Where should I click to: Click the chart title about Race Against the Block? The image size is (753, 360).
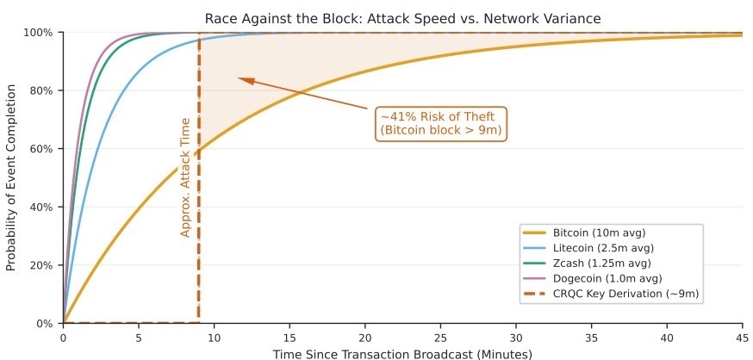tap(402, 17)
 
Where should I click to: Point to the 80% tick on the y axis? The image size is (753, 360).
tap(42, 90)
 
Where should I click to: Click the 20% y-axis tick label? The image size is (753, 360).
tap(42, 265)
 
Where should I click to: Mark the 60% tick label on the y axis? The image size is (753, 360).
tap(42, 149)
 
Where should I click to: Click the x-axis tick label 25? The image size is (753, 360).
tap(440, 338)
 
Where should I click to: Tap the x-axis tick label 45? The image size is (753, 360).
tap(743, 338)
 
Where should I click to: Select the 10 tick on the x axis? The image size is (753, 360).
tap(214, 338)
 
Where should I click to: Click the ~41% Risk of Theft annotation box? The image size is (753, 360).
tap(440, 123)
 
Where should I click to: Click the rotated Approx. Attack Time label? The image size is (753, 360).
tap(184, 177)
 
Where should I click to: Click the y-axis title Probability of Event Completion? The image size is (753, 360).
tap(11, 177)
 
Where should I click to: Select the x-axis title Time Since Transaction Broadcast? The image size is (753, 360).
tap(402, 353)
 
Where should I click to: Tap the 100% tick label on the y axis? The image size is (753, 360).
tap(40, 33)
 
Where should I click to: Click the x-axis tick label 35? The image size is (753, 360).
tap(591, 338)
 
